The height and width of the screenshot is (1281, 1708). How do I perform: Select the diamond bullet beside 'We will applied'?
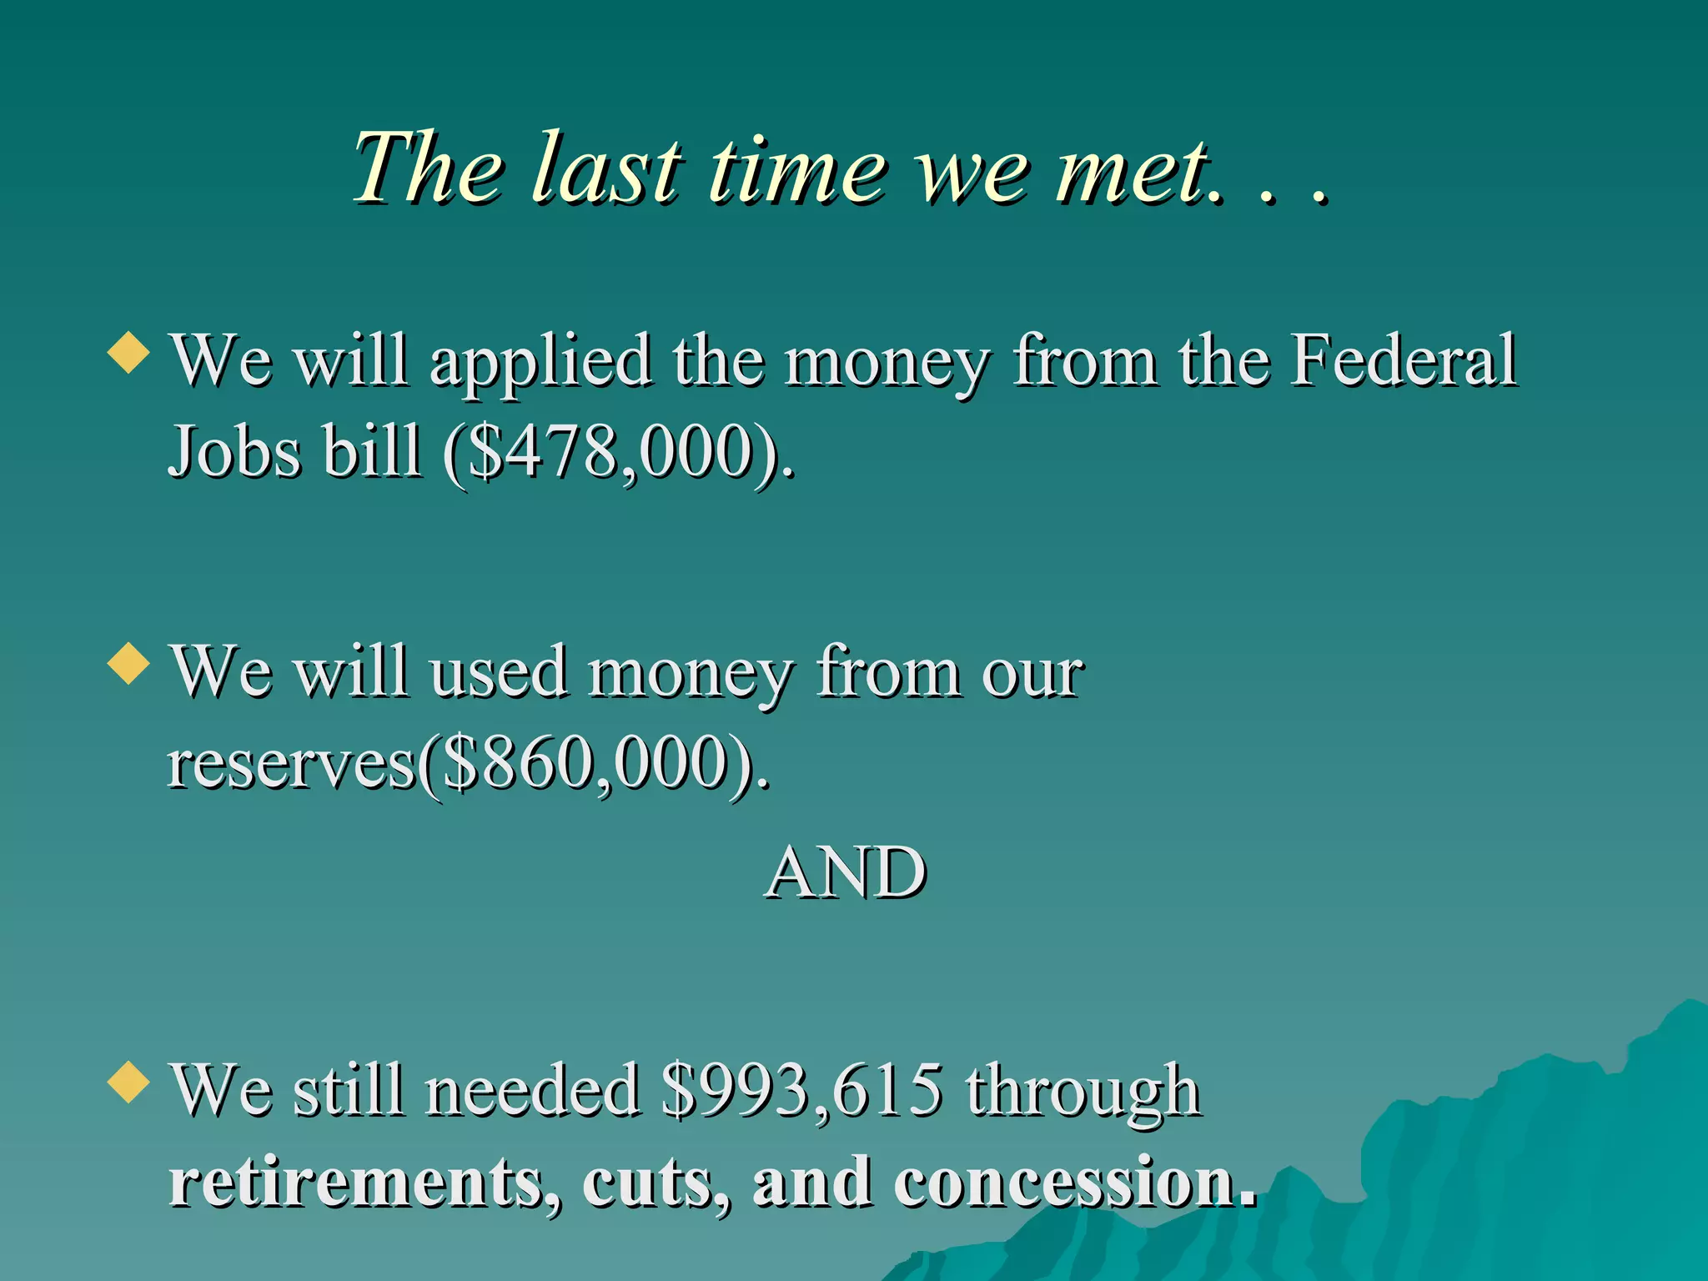pyautogui.click(x=129, y=352)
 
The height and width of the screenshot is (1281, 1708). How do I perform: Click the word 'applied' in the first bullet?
pyautogui.click(x=540, y=361)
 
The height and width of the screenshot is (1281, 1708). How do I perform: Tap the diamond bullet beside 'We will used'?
pyautogui.click(x=129, y=664)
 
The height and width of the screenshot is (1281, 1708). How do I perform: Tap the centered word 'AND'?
pyautogui.click(x=846, y=872)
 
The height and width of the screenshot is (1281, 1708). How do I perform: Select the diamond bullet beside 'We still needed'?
pyautogui.click(x=129, y=1082)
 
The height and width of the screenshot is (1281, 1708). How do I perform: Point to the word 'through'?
pyautogui.click(x=1083, y=1091)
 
